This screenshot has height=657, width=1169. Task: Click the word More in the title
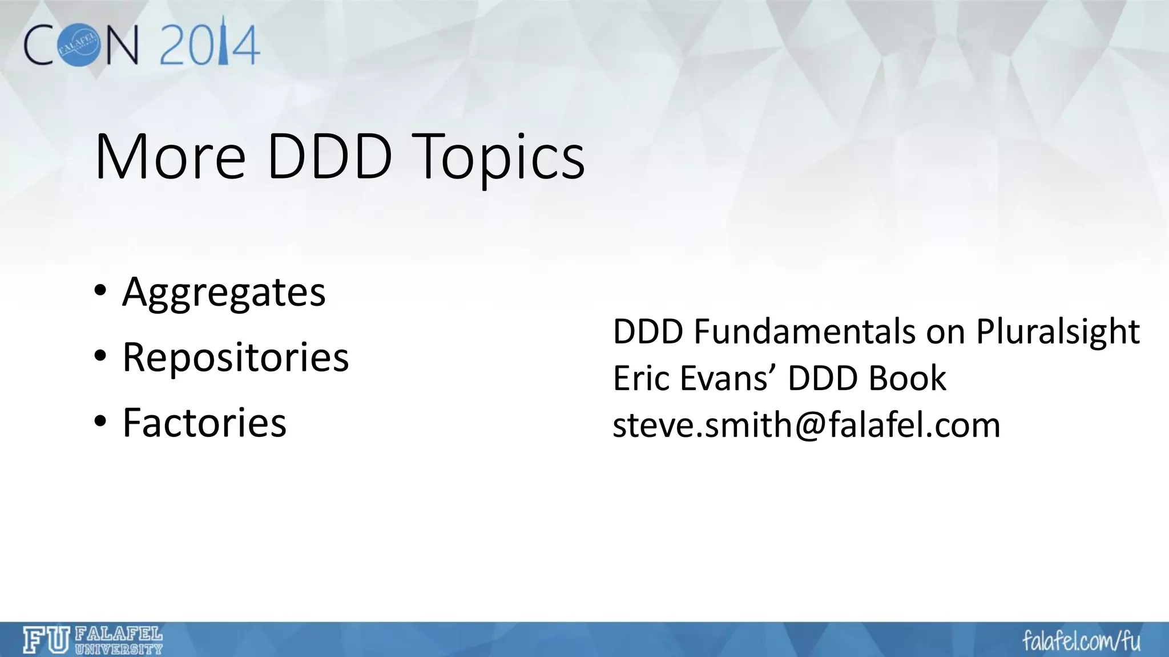click(170, 157)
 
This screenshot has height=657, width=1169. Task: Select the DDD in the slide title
click(329, 157)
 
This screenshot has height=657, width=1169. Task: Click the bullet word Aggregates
click(224, 293)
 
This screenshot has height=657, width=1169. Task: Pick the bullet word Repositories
click(235, 358)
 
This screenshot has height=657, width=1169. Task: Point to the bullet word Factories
click(204, 423)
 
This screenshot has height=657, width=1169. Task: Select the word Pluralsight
click(1058, 331)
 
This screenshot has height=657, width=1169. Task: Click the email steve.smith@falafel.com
click(806, 425)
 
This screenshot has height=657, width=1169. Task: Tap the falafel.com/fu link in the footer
click(1081, 641)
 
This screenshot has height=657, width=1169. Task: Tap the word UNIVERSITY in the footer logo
click(119, 648)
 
